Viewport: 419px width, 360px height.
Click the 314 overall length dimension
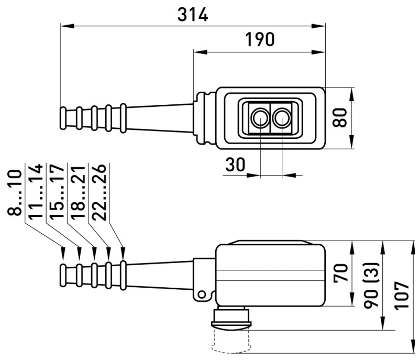193,15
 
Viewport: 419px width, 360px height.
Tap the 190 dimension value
260,39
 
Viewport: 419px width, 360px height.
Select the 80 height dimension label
340,117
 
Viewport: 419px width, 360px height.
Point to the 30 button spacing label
235,165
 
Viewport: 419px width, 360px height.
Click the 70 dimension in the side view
341,272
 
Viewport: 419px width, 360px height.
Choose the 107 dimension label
402,296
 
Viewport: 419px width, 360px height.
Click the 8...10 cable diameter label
15,192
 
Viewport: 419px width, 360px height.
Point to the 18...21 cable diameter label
78,192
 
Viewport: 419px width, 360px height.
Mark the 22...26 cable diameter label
99,192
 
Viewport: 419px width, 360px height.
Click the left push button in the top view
260,118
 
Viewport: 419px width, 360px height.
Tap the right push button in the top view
282,118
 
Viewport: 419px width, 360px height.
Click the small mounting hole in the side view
202,295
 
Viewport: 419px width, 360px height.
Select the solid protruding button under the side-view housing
231,318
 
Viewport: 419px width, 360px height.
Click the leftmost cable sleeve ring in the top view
63,118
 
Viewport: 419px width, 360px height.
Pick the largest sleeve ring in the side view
123,275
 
